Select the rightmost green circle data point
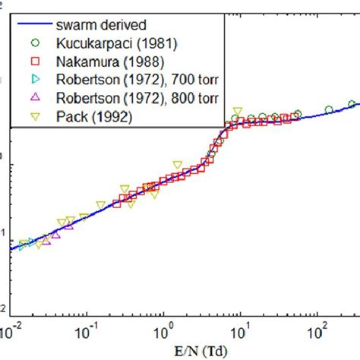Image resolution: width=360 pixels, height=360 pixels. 352,104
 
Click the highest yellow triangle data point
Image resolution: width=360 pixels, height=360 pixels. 237,112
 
